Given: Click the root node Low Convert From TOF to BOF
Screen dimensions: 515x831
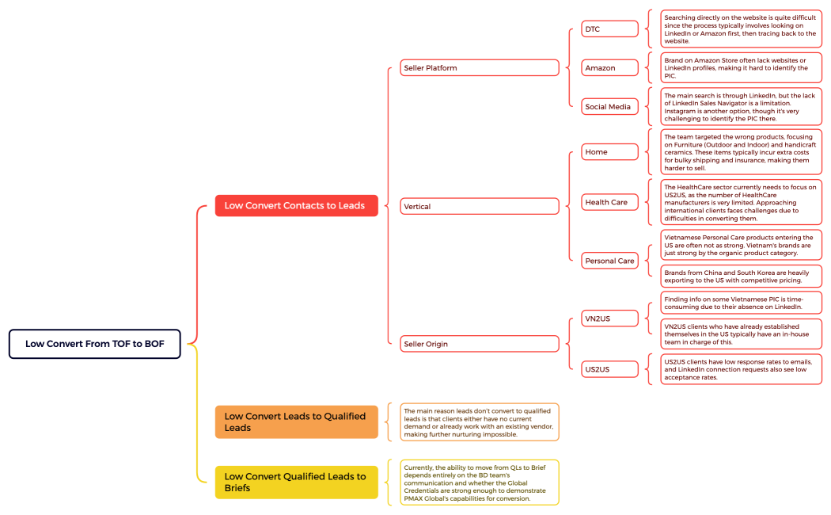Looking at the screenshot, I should pyautogui.click(x=95, y=344).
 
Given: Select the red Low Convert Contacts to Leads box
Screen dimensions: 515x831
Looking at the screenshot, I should pyautogui.click(x=296, y=205).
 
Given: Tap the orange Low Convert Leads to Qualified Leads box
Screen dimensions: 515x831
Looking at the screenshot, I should pyautogui.click(x=296, y=422).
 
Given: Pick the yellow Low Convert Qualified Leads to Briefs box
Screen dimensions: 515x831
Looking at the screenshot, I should pyautogui.click(x=296, y=482).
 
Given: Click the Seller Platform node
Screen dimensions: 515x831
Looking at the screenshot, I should pyautogui.click(x=479, y=68).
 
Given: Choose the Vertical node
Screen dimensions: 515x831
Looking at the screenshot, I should pyautogui.click(x=479, y=206).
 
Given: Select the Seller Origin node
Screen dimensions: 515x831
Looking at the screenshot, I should pyautogui.click(x=479, y=344).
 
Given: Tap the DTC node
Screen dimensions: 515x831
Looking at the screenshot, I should pyautogui.click(x=609, y=29).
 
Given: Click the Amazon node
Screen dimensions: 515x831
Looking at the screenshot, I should pyautogui.click(x=609, y=68).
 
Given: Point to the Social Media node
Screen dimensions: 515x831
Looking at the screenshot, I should pyautogui.click(x=609, y=106).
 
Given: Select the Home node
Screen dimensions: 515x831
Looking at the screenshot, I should pyautogui.click(x=609, y=151).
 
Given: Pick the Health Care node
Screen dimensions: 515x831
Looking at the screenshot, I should pyautogui.click(x=609, y=202).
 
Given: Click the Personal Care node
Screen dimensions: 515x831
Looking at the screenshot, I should pyautogui.click(x=609, y=261).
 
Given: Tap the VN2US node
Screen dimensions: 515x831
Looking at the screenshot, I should pyautogui.click(x=609, y=319).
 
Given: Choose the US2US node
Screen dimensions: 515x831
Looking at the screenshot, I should pyautogui.click(x=609, y=368).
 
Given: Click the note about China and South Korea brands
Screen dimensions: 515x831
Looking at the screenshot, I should pyautogui.click(x=741, y=276).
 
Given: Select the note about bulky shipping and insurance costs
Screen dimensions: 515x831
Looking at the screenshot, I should pyautogui.click(x=741, y=152).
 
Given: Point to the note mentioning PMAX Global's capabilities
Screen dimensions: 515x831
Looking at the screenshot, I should pyautogui.click(x=479, y=482).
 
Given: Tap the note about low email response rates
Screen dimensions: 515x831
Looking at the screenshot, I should pyautogui.click(x=741, y=368).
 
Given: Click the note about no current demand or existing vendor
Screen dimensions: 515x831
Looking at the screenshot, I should pyautogui.click(x=479, y=422).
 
